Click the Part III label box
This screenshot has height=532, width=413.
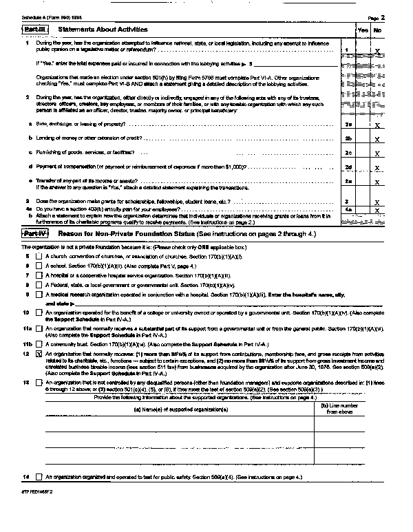tap(34, 30)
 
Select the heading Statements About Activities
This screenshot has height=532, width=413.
tap(103, 30)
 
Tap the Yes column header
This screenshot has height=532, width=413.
tap(363, 31)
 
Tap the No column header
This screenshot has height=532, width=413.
tap(377, 31)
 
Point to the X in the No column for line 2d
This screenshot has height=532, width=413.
tap(377, 168)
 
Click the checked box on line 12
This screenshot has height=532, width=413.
tap(39, 353)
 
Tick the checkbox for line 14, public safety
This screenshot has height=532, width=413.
tap(39, 476)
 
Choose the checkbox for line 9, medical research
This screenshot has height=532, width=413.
tap(39, 294)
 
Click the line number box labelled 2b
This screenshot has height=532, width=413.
tap(349, 139)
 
